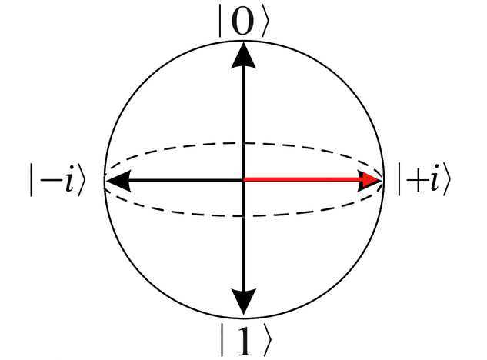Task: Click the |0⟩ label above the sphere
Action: click(x=244, y=23)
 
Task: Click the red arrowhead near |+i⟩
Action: click(x=372, y=181)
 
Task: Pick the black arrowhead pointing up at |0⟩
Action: click(x=244, y=54)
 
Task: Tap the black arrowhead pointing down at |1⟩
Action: click(x=244, y=305)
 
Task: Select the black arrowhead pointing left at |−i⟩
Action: click(x=115, y=181)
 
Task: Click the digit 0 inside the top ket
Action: click(x=242, y=23)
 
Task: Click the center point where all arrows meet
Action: click(x=244, y=181)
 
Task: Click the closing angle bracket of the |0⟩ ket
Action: click(x=265, y=23)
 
